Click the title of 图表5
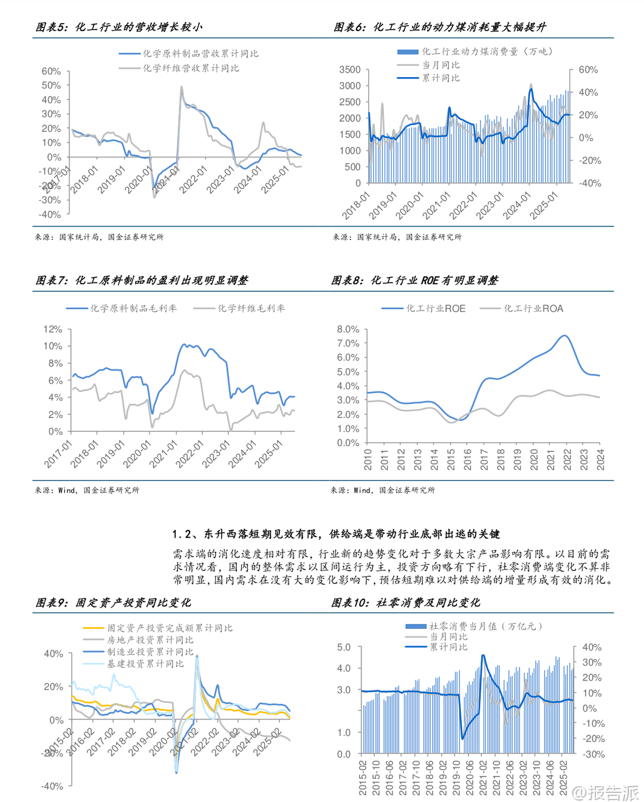(119, 27)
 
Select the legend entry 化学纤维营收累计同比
(191, 68)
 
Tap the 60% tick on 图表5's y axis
(51, 71)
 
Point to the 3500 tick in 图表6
(350, 70)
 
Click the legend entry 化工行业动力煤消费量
(487, 52)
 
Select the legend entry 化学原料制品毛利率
(133, 309)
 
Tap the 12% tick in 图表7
(53, 329)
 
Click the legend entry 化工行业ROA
(533, 309)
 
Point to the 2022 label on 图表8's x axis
(567, 459)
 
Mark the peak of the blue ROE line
(566, 335)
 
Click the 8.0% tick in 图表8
(348, 329)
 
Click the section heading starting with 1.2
(336, 534)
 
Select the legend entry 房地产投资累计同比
(150, 640)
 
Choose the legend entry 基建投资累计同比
(145, 663)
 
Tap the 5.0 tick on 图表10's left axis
(344, 648)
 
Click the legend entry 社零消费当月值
(485, 626)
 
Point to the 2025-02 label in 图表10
(563, 777)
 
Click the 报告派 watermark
(607, 792)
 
